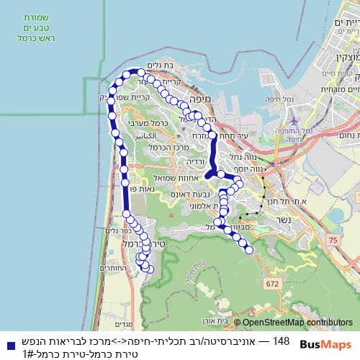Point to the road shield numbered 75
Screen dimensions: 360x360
333,239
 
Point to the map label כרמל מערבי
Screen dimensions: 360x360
152,124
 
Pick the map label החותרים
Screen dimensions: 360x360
112,269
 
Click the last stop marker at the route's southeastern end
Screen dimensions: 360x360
249,251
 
